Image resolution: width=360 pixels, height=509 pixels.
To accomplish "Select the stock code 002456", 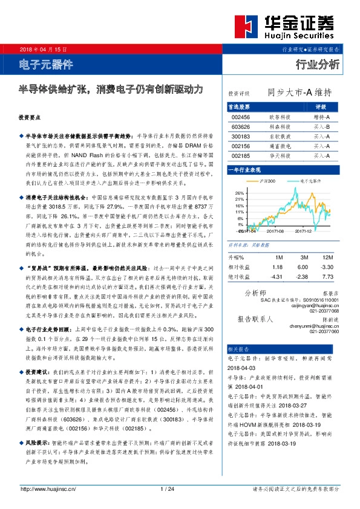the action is coord(240,117).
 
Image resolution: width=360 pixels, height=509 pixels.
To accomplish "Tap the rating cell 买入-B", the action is coord(321,127).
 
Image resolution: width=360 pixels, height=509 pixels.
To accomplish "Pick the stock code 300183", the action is coord(240,137).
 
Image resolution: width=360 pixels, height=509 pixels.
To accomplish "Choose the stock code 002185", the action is coord(240,156).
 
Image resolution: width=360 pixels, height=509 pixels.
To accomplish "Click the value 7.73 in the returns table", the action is coord(327,276).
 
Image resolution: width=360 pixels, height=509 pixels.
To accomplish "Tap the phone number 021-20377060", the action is coord(324,331).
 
